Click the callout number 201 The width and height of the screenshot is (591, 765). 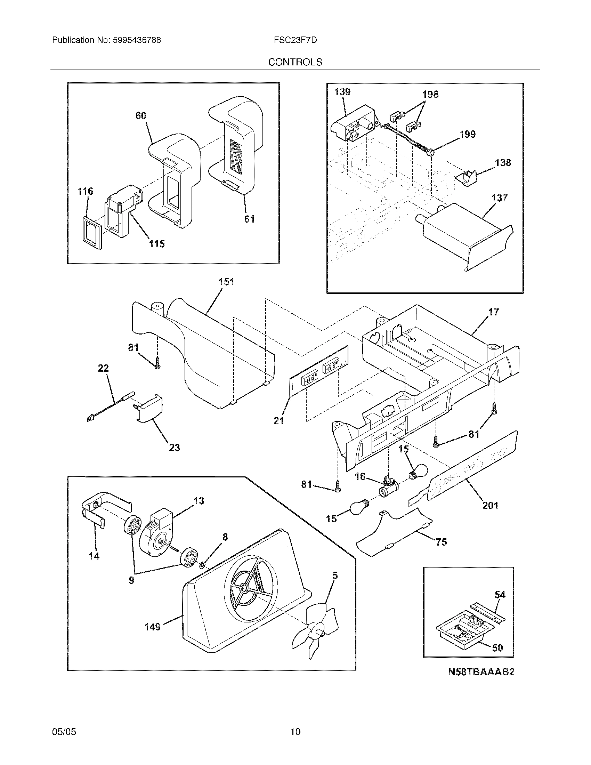[490, 506]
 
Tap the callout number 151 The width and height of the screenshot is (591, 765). [226, 282]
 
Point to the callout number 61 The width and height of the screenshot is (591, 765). [249, 219]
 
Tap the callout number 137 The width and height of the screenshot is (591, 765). [499, 198]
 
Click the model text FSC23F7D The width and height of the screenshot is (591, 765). [295, 40]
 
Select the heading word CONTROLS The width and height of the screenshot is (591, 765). [295, 62]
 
